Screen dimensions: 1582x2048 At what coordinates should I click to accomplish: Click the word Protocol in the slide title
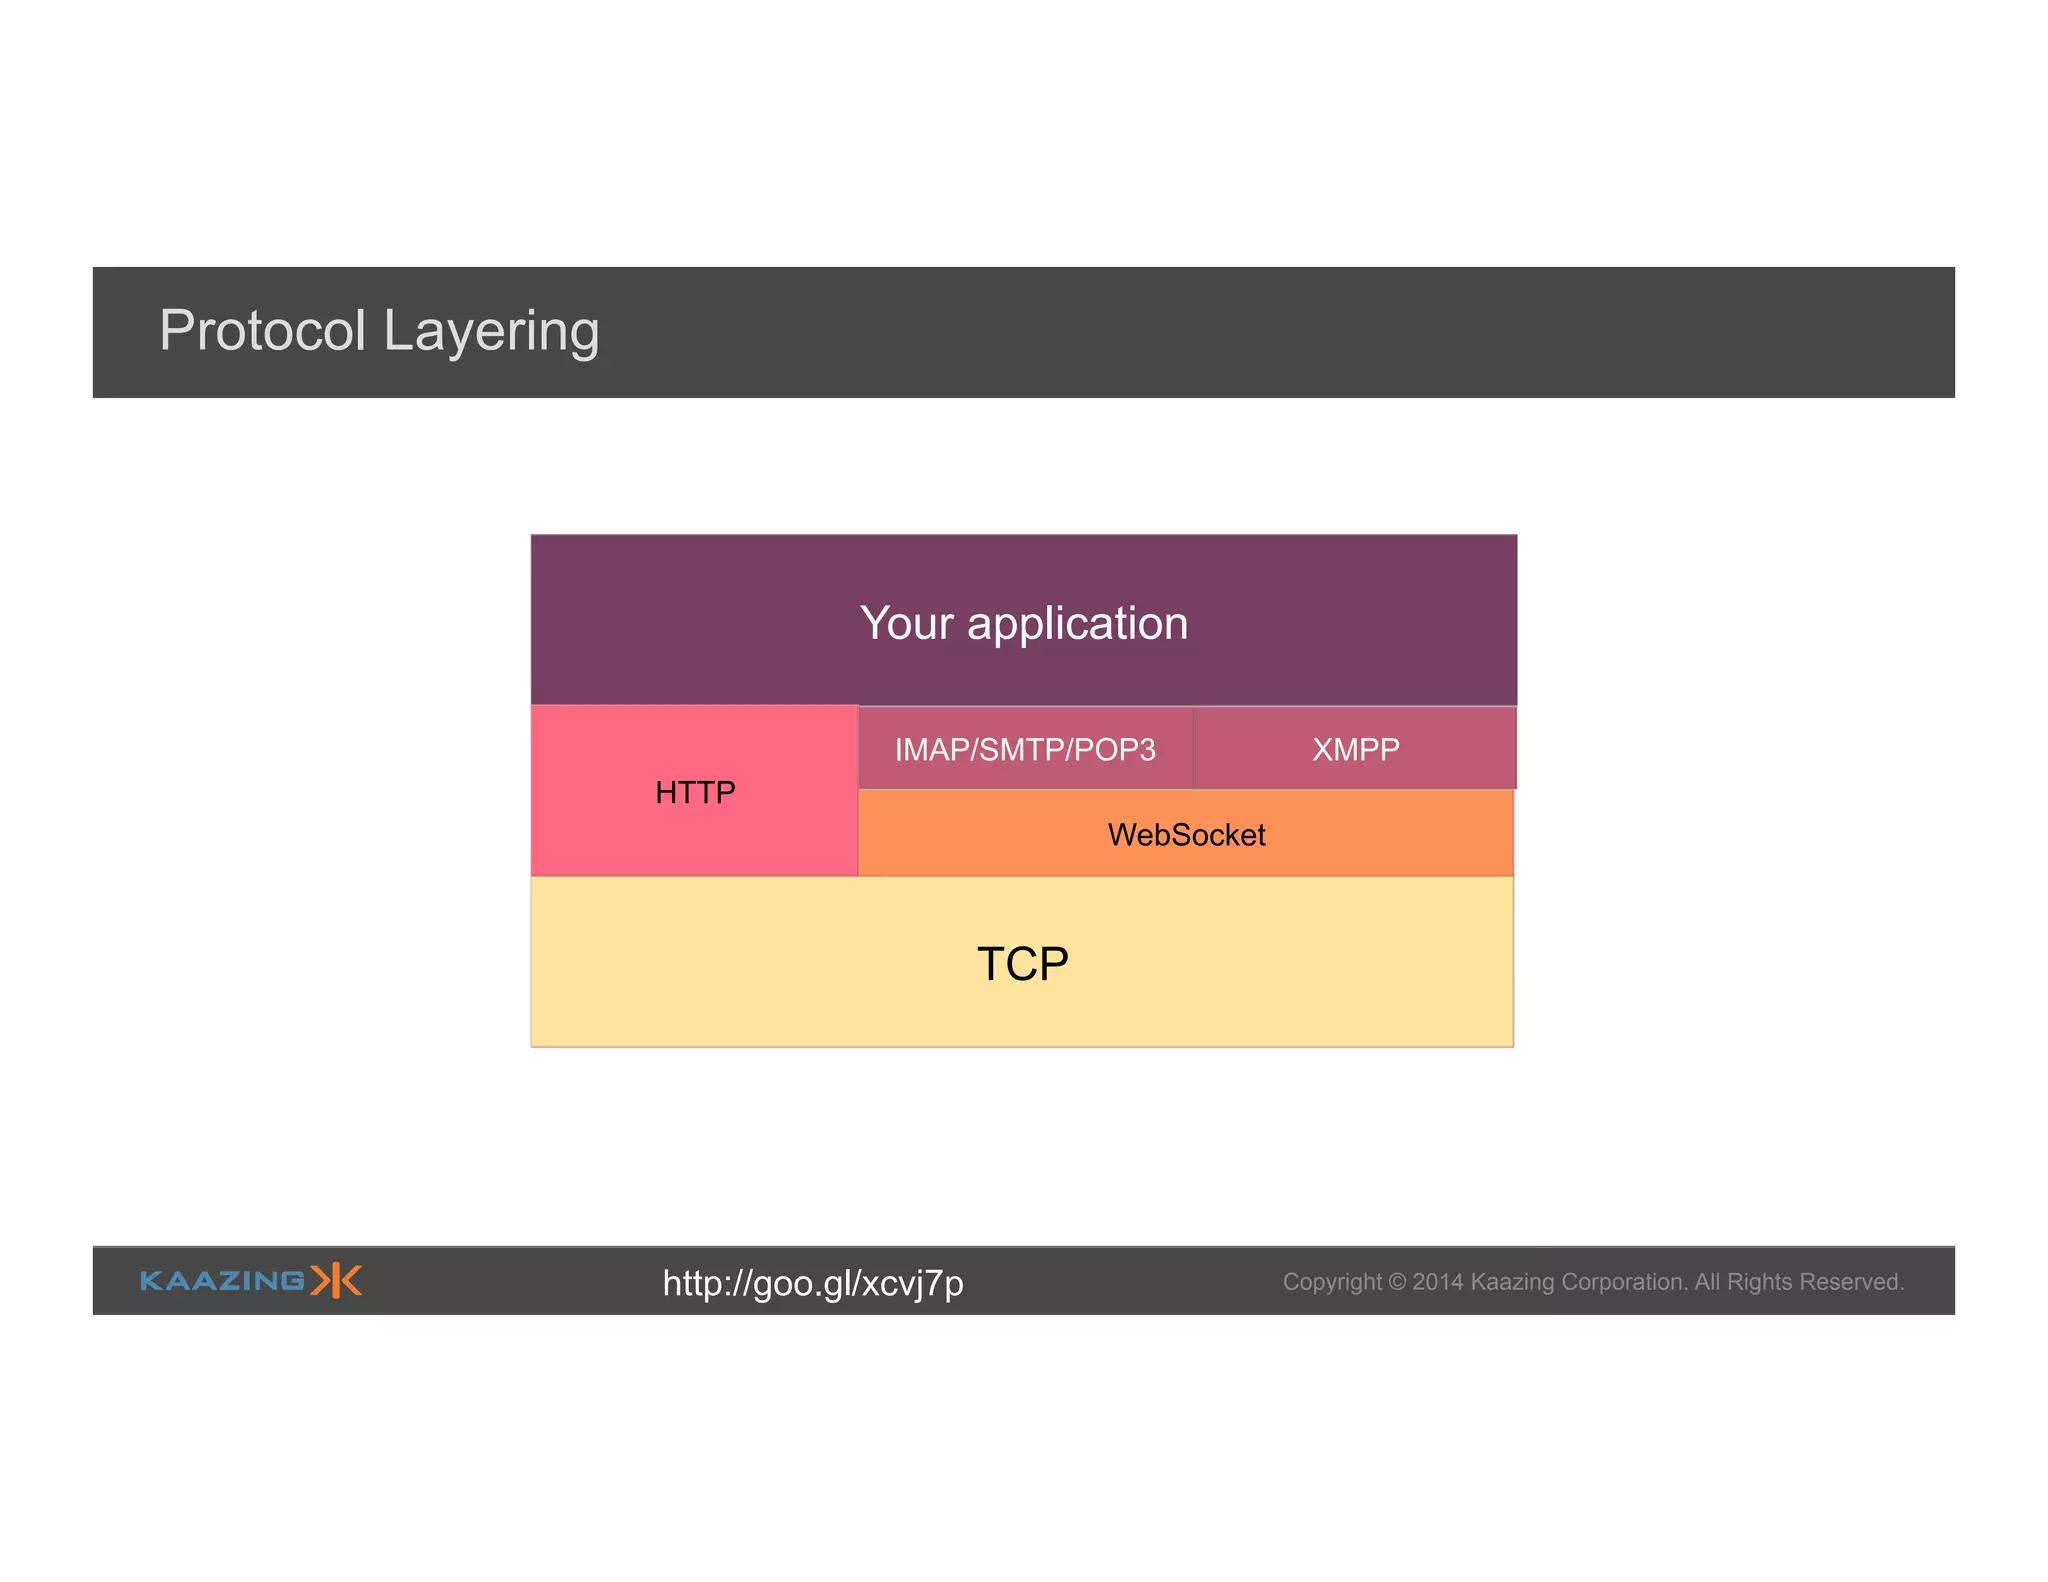pyautogui.click(x=262, y=330)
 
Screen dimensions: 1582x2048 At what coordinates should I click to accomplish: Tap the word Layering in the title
pyautogui.click(x=491, y=332)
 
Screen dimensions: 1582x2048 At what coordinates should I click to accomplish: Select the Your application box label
pyautogui.click(x=1024, y=623)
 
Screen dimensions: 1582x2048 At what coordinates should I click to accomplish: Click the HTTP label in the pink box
pyautogui.click(x=695, y=792)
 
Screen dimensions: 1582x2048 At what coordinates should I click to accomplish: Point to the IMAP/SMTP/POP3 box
pyautogui.click(x=1025, y=749)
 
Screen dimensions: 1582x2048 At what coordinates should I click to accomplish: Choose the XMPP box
pyautogui.click(x=1355, y=749)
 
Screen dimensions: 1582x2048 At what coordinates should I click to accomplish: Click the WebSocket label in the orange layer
pyautogui.click(x=1186, y=834)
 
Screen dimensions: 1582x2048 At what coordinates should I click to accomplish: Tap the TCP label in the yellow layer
pyautogui.click(x=1022, y=964)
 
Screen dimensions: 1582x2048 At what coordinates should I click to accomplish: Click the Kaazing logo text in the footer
pyautogui.click(x=222, y=1281)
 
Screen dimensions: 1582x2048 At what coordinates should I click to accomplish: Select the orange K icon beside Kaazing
pyautogui.click(x=336, y=1280)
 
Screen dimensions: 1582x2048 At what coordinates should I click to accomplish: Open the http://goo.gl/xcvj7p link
pyautogui.click(x=813, y=1283)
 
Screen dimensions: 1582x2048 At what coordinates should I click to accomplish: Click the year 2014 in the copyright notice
pyautogui.click(x=1437, y=1282)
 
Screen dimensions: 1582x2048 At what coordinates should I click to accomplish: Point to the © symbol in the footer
pyautogui.click(x=1397, y=1282)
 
